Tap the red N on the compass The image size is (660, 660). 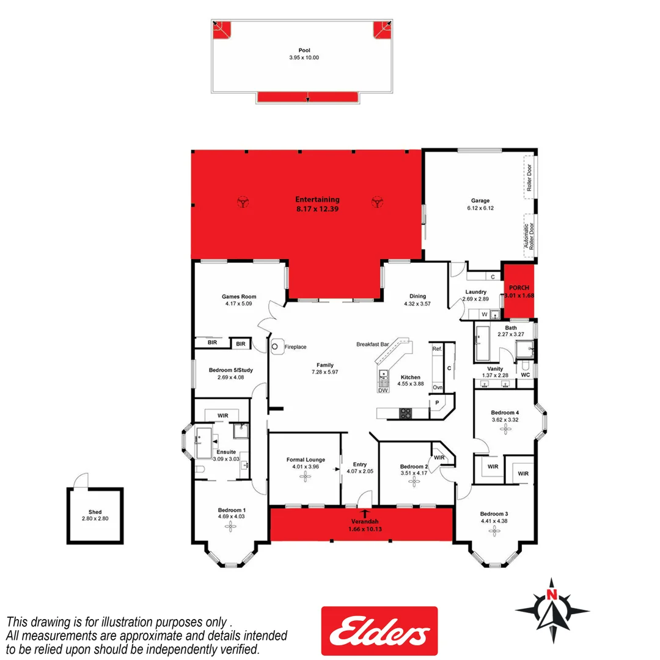tap(552, 593)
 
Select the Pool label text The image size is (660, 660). tap(304, 51)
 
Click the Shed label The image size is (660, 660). tap(94, 512)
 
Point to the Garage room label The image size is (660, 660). tap(480, 200)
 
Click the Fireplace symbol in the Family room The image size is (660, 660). tap(276, 346)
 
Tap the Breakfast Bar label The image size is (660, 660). tap(373, 344)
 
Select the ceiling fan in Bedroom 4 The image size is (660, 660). tap(505, 428)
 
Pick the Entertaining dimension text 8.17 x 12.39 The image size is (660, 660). tap(317, 208)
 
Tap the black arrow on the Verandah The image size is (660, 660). tap(365, 513)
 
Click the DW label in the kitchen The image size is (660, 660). tap(383, 390)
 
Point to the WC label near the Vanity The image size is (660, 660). tap(525, 374)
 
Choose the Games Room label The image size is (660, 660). tap(239, 296)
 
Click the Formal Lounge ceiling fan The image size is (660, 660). tap(304, 477)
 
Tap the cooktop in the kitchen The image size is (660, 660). tap(406, 414)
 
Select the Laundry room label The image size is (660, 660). tap(475, 292)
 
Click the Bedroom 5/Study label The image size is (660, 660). tap(230, 370)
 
